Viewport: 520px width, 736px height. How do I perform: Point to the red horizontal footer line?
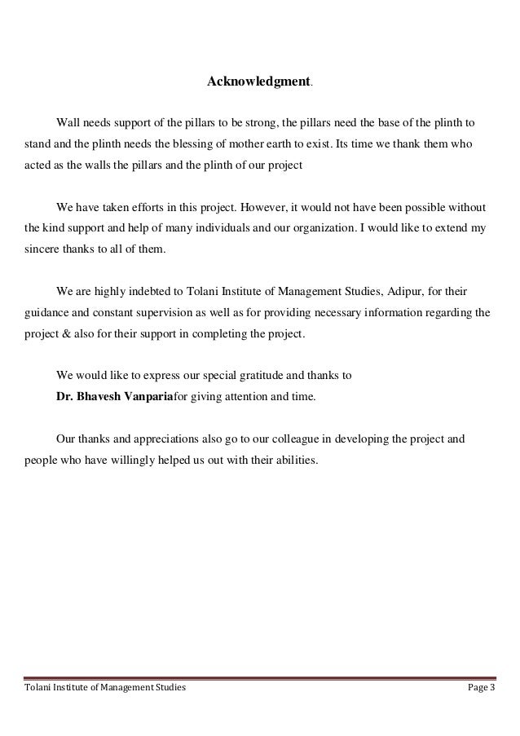259,677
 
